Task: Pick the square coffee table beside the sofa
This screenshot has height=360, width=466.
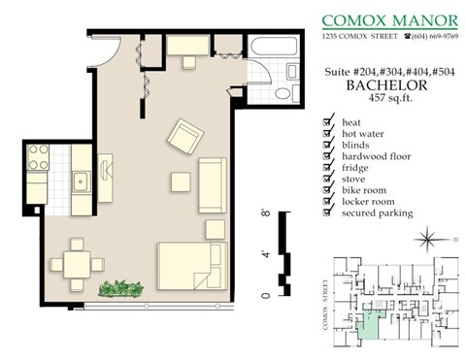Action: [x=180, y=182]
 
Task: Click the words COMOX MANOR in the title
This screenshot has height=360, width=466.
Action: [x=391, y=18]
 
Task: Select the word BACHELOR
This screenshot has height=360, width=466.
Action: [x=381, y=84]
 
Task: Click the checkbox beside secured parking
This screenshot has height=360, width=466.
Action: [x=328, y=213]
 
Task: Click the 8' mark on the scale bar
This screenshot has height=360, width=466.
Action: [x=266, y=213]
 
